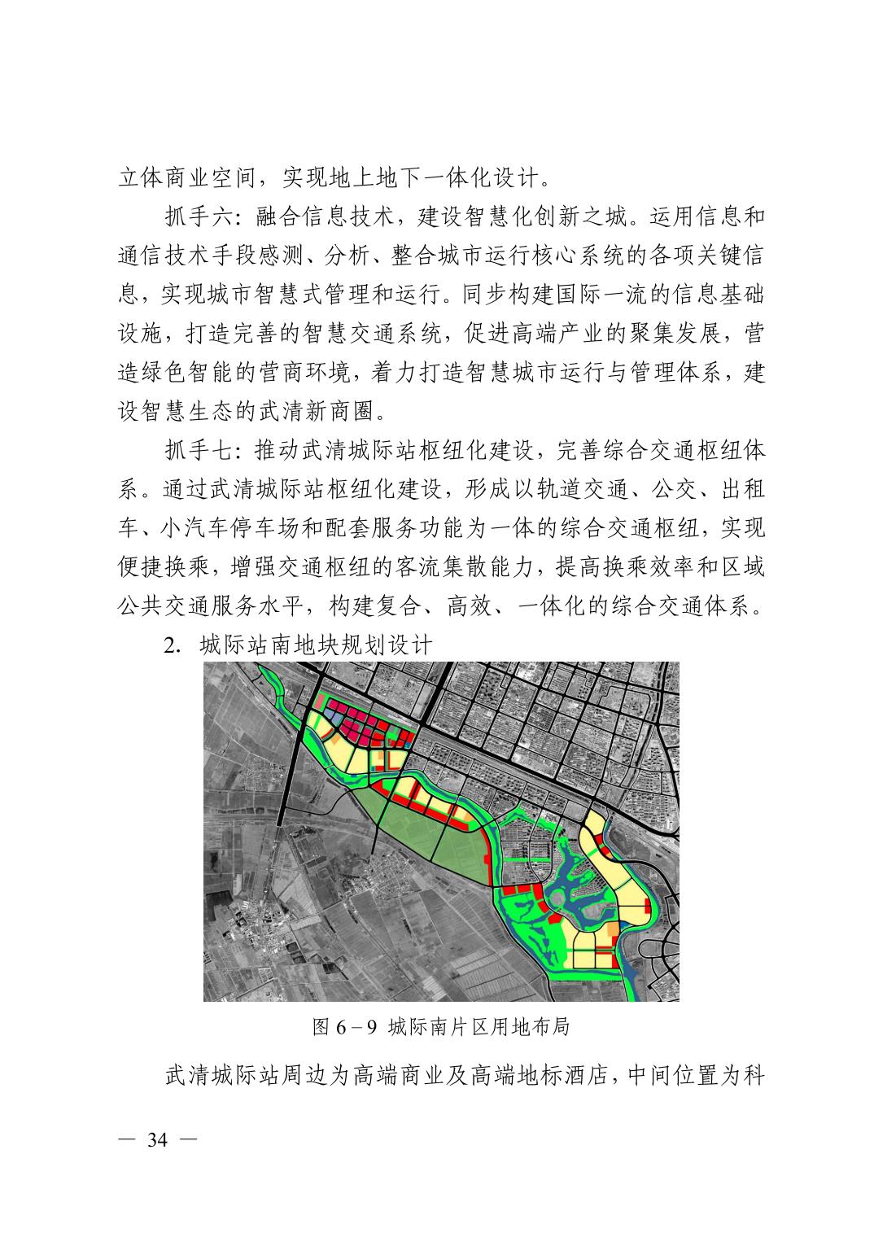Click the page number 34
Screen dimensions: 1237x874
(x=157, y=1140)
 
